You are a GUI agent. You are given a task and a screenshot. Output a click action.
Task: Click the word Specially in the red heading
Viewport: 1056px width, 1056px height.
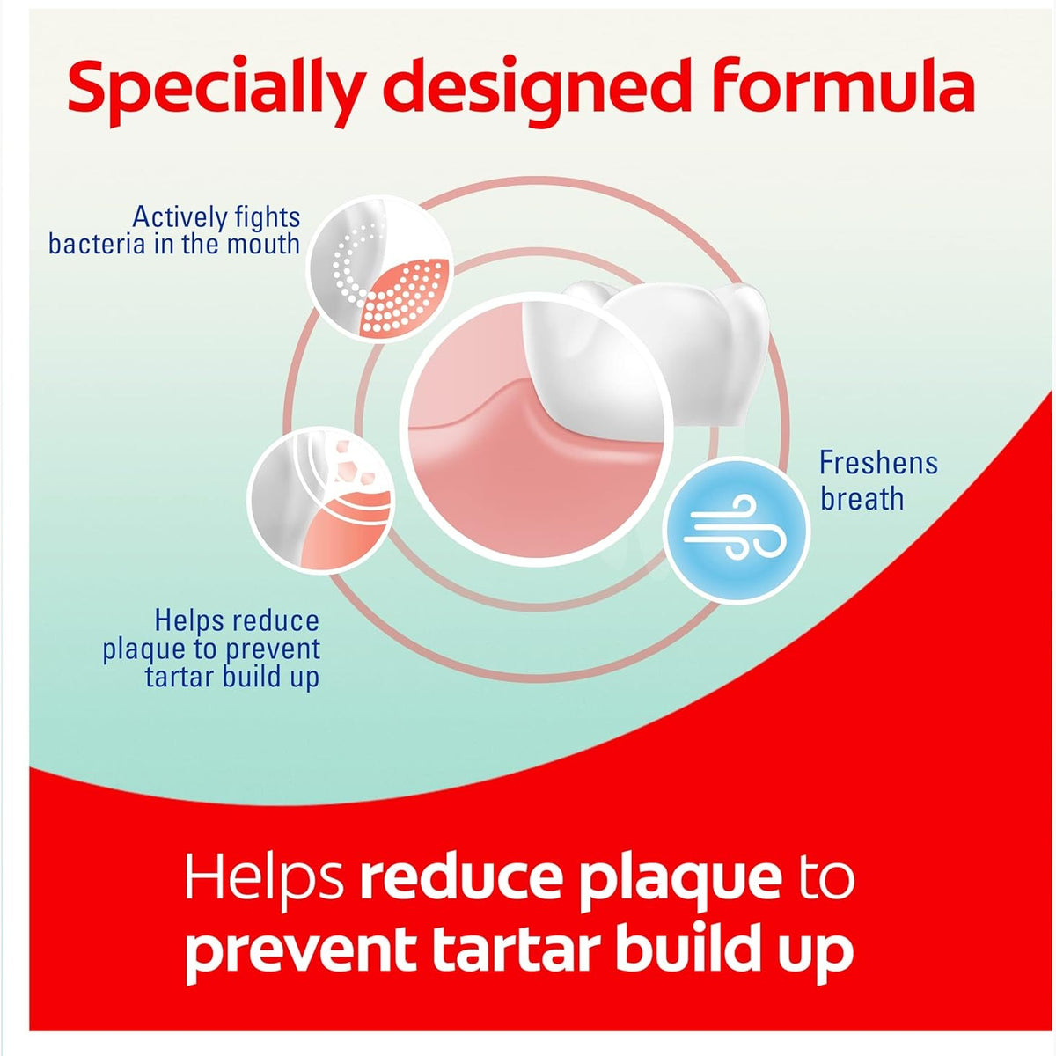[x=216, y=90]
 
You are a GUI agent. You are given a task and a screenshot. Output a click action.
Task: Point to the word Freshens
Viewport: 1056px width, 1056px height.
[x=878, y=463]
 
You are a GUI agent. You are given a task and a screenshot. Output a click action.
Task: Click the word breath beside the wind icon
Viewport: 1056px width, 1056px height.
[x=862, y=498]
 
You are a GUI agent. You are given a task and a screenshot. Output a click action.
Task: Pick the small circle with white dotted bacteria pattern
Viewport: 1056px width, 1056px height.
[x=380, y=268]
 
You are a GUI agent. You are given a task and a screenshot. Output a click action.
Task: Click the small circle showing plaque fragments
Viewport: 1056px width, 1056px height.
[x=320, y=500]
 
